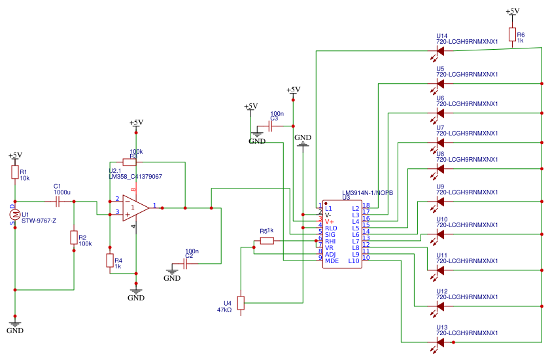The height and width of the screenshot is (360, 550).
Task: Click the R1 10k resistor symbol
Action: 14,172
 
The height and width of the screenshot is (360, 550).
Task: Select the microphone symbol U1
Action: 14,215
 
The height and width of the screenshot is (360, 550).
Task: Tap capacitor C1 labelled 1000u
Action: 58,201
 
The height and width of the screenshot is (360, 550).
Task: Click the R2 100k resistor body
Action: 74,237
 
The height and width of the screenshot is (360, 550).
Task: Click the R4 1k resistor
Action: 110,261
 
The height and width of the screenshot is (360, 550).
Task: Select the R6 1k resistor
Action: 512,36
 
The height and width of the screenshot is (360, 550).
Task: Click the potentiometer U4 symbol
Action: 241,302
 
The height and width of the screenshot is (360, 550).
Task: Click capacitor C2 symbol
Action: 186,264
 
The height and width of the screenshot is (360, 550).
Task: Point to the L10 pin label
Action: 353,261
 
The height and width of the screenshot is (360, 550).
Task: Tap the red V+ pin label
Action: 330,221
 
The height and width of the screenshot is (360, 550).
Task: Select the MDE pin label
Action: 332,261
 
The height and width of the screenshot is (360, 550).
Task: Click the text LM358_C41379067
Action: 135,177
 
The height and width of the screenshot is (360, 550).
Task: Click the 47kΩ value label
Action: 224,310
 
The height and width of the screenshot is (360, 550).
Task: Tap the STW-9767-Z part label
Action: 39,221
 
